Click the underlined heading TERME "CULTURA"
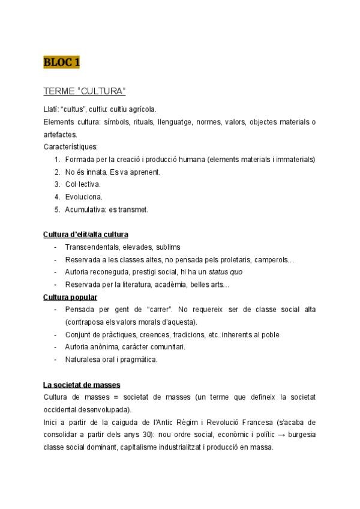point(84,91)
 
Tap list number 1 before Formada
point(56,159)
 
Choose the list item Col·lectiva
point(83,184)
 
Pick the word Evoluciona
point(83,196)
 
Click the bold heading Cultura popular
point(71,297)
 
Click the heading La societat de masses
point(82,384)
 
